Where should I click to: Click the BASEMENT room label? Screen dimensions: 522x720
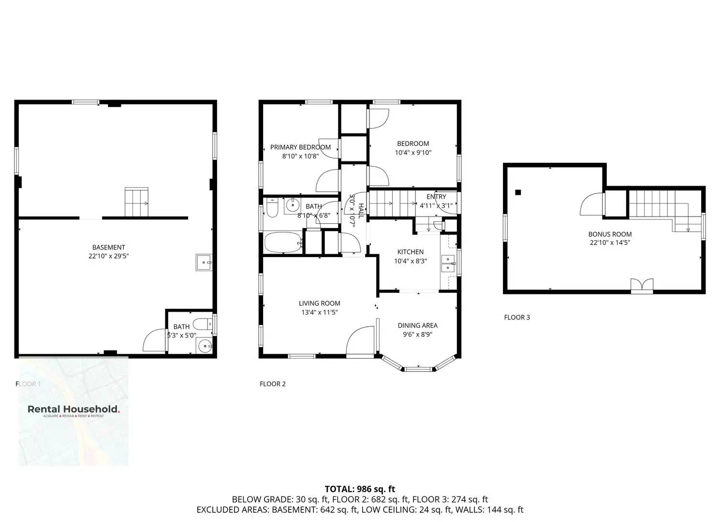(108, 247)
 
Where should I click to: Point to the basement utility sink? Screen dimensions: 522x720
(204, 262)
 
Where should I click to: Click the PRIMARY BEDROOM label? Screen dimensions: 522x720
(300, 147)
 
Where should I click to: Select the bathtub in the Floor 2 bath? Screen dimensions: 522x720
(283, 243)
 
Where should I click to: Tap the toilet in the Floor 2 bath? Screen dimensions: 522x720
(272, 208)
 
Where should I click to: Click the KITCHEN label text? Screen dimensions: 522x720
(410, 252)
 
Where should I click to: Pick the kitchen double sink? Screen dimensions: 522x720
(447, 263)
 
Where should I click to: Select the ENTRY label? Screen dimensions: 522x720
(436, 197)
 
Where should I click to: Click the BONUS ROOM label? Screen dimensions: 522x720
(610, 234)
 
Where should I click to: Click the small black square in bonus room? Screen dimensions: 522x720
(518, 192)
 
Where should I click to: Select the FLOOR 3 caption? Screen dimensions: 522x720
(517, 318)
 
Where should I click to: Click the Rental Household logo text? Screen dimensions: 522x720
(73, 409)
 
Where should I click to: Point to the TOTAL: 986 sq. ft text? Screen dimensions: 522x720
(360, 489)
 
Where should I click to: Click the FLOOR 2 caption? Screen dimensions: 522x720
(273, 384)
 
